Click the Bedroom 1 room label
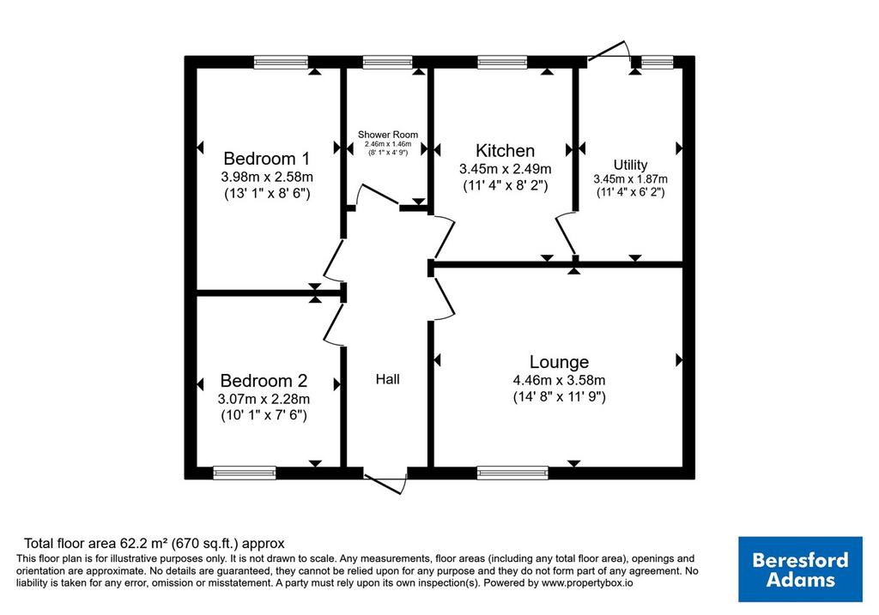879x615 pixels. [x=266, y=159]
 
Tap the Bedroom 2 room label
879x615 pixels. [x=264, y=381]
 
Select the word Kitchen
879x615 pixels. [x=505, y=151]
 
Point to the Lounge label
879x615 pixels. [x=559, y=362]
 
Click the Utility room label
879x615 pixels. [x=631, y=165]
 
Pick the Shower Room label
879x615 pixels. [x=388, y=135]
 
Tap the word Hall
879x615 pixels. [x=387, y=379]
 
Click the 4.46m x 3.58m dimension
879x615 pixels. [x=559, y=380]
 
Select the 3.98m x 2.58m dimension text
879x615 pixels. [x=267, y=177]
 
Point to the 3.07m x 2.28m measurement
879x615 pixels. [x=264, y=400]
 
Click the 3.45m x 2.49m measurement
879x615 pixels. [x=505, y=169]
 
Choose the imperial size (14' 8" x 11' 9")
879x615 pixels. [x=559, y=397]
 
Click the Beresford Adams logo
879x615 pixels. [x=800, y=569]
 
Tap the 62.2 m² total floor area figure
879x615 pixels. [x=144, y=543]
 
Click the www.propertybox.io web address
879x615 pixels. [x=587, y=583]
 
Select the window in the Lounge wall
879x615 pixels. [x=512, y=473]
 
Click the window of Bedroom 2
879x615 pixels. [x=245, y=473]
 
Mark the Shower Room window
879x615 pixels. [x=387, y=62]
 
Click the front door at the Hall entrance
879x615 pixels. [x=385, y=484]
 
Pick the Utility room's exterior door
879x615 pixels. [x=609, y=51]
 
